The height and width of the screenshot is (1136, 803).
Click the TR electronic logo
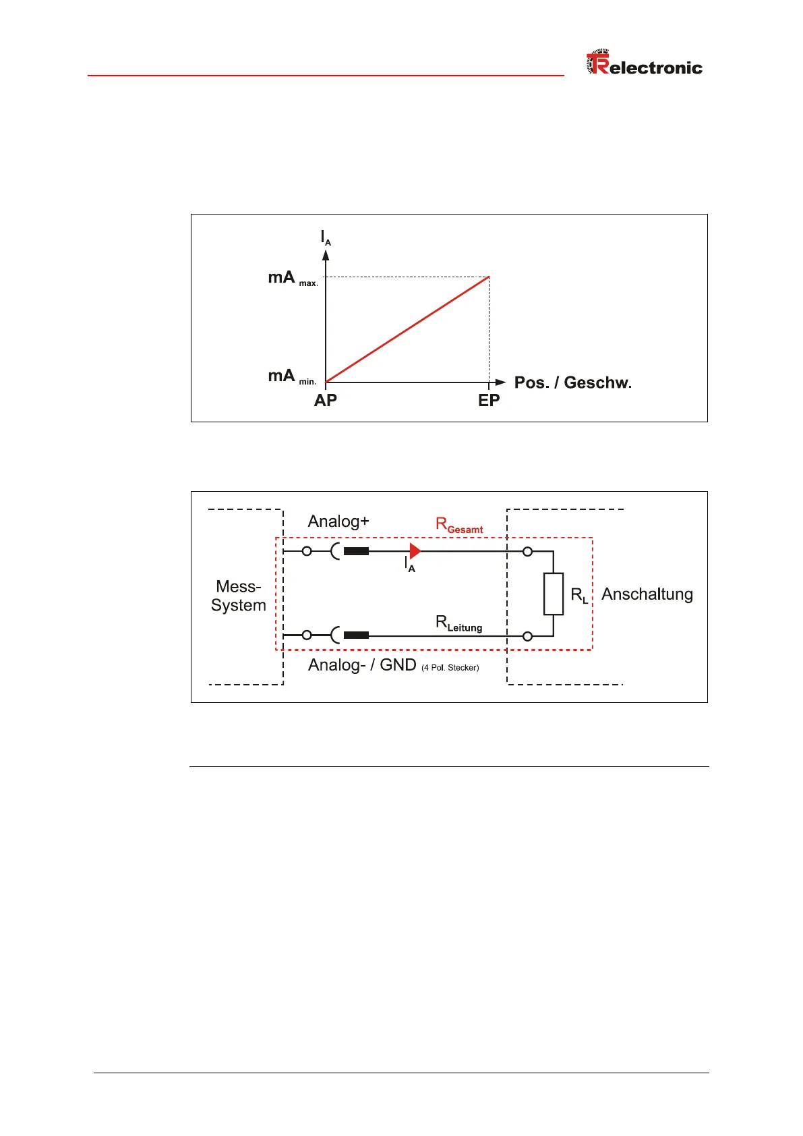tap(644, 64)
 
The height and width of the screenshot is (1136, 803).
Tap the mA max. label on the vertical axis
tap(292, 278)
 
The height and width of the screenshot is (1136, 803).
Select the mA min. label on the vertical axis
tap(291, 376)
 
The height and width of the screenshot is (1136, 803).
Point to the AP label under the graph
tap(326, 401)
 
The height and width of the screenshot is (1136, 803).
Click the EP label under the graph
tap(489, 401)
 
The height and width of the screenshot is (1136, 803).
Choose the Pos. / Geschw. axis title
tap(572, 383)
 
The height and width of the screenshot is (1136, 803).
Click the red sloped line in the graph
tap(407, 330)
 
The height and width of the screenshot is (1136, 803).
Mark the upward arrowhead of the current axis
tap(326, 255)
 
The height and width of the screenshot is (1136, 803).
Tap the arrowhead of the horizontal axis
tap(500, 382)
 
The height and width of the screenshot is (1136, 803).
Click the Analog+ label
tap(338, 521)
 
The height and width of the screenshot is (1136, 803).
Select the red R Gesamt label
tap(459, 525)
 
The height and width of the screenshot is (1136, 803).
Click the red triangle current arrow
tap(415, 551)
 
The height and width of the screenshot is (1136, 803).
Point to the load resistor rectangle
tap(554, 594)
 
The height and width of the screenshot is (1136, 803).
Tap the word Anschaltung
tap(647, 594)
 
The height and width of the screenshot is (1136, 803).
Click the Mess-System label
tap(239, 596)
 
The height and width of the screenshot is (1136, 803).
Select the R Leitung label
tap(459, 623)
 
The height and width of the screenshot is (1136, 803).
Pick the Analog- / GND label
tap(362, 665)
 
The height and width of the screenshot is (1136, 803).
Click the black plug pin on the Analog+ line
tap(356, 551)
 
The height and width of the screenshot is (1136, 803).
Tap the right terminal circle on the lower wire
tap(528, 636)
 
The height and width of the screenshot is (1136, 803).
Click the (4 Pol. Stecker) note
tap(450, 668)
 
